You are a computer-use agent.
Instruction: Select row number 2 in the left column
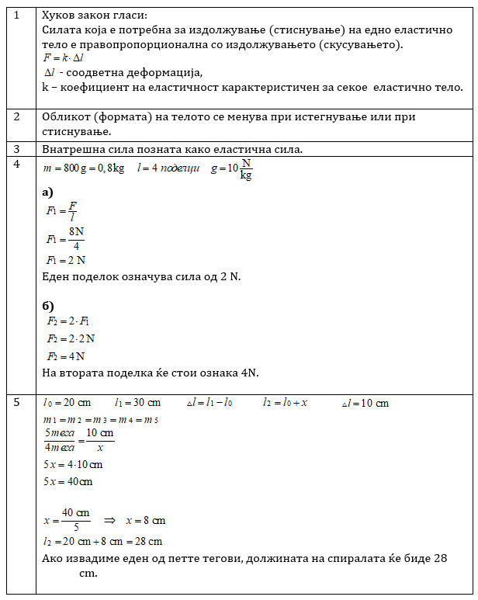tap(17, 117)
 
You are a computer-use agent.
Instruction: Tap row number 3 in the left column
tap(17, 148)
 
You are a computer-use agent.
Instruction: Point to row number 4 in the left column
tap(17, 164)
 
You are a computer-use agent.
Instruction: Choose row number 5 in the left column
tap(17, 402)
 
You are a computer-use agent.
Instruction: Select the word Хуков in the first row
tap(60, 15)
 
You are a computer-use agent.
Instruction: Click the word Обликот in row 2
tap(68, 117)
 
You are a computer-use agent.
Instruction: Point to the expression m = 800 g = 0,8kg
tap(85, 168)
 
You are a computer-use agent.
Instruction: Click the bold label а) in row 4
tap(48, 191)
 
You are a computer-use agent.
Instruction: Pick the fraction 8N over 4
tap(76, 238)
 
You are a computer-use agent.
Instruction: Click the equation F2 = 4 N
tap(65, 356)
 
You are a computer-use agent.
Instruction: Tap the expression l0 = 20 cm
tap(67, 403)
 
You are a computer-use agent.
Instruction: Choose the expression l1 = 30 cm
tap(137, 403)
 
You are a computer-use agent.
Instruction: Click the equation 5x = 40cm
tap(68, 482)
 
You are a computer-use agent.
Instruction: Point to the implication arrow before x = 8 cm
tap(109, 521)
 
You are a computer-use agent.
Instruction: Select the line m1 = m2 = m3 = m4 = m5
tap(101, 420)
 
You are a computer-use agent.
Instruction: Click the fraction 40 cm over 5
tap(76, 520)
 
